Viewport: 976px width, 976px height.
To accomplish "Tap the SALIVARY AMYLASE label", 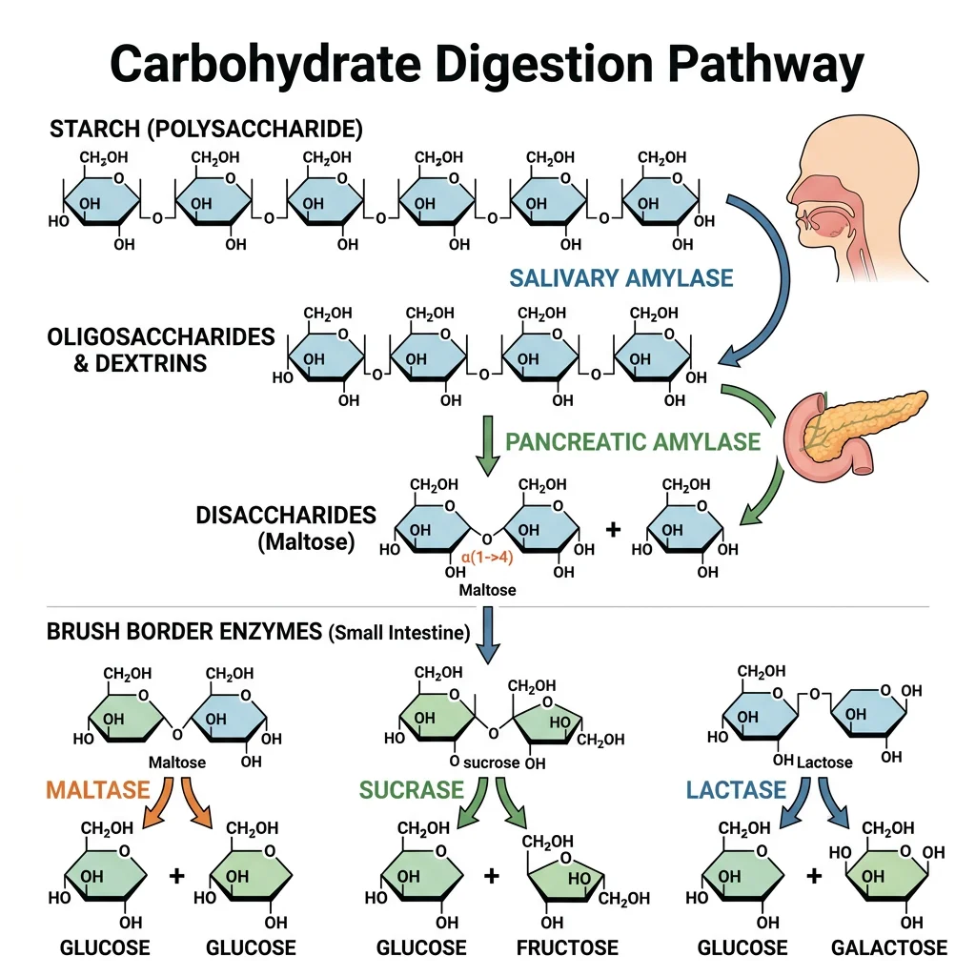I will coord(620,278).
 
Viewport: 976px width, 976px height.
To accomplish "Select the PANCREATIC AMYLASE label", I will coord(633,441).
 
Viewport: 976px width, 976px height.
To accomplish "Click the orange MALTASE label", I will coord(98,789).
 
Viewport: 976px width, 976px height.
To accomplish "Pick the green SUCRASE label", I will coord(411,789).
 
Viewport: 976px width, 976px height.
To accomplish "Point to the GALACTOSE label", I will coord(888,947).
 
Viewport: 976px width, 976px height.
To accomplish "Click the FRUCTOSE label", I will coord(567,947).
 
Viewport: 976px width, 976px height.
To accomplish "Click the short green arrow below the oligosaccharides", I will coord(487,444).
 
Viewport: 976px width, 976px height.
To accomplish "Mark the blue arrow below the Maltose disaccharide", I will coord(487,635).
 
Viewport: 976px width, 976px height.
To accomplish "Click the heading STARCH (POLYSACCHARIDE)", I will coord(205,128).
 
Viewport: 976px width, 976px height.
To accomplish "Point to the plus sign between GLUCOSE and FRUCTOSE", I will coord(492,874).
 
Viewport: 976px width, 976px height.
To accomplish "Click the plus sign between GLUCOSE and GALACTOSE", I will coord(814,874).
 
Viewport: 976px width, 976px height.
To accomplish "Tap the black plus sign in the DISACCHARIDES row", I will coord(612,529).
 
